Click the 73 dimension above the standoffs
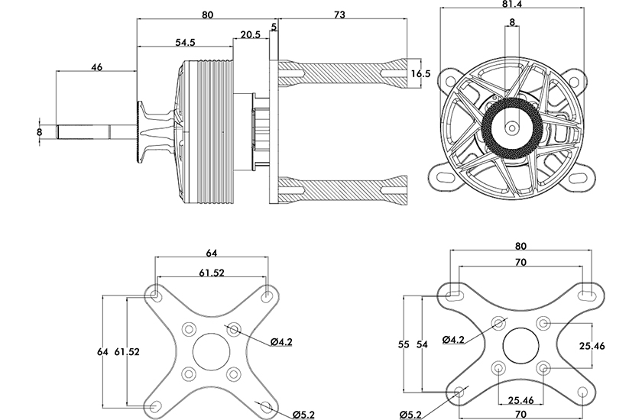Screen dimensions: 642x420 coord(339,15)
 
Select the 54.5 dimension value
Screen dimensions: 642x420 coord(185,43)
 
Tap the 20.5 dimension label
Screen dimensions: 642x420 coord(250,34)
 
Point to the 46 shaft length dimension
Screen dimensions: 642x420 coord(96,67)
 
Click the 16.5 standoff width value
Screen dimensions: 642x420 coord(421,73)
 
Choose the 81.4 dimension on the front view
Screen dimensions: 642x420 coord(512,4)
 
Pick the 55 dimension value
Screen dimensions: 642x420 coord(404,344)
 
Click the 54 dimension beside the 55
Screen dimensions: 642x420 coord(422,344)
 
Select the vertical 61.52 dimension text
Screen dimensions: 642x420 coord(127,351)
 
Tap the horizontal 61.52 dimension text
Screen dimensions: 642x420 coord(212,273)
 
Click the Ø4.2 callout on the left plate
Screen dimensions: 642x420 coord(282,342)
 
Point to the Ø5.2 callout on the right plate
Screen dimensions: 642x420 coord(410,415)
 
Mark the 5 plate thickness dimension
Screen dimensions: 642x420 coord(274,27)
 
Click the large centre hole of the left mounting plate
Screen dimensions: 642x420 coord(211,352)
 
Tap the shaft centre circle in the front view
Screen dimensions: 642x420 coord(511,128)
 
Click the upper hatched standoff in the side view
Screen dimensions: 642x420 coord(343,73)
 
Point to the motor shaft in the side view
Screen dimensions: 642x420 coord(96,131)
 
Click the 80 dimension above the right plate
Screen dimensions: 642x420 coord(520,246)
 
